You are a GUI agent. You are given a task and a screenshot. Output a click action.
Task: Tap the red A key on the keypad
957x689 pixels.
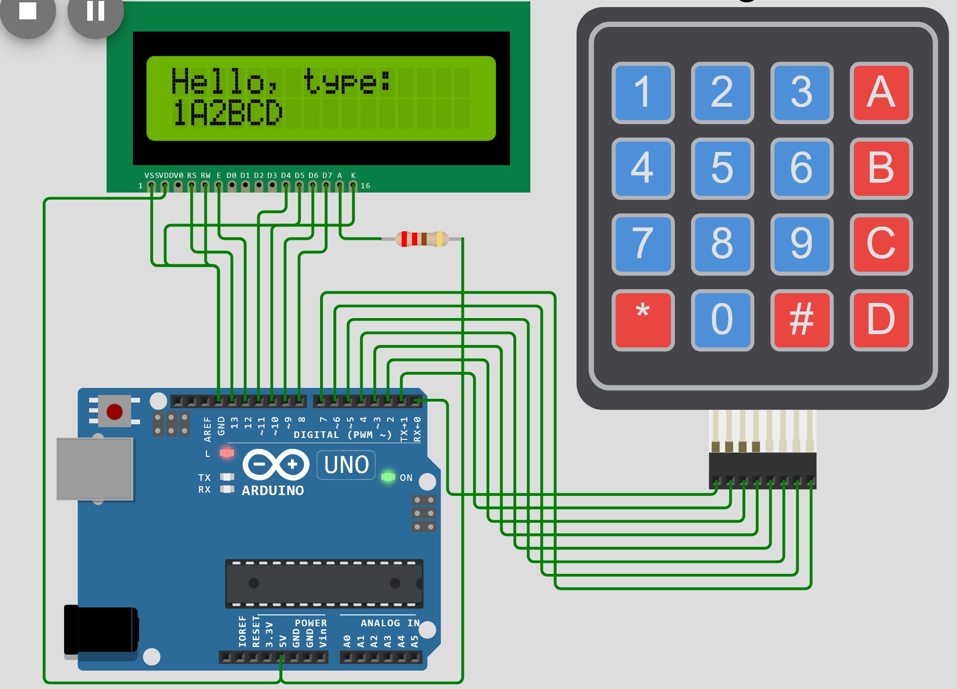(881, 92)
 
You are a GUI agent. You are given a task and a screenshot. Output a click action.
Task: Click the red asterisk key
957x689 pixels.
(643, 320)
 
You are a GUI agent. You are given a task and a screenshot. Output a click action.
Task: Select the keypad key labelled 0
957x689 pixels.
(722, 320)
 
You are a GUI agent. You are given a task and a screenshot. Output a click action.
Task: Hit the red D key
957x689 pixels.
(881, 320)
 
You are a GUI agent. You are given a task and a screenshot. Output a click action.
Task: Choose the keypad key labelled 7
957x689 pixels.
(643, 244)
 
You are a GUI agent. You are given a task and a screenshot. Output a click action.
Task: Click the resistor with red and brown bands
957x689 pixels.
(421, 239)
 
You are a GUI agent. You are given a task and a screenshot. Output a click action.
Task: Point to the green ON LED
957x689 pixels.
(388, 477)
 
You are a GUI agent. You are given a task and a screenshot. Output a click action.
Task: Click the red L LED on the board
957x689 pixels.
(227, 453)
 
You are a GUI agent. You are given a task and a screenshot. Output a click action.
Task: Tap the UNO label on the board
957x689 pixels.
(346, 465)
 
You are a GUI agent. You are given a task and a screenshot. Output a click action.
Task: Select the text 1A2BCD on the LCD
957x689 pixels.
(227, 114)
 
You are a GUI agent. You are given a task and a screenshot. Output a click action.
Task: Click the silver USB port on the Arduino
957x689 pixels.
(94, 468)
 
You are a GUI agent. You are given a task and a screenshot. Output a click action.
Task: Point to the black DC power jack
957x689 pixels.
(100, 630)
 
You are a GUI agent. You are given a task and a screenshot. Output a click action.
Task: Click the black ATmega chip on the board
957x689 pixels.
(324, 583)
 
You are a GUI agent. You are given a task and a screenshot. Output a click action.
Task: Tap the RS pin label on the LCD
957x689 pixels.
(191, 176)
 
